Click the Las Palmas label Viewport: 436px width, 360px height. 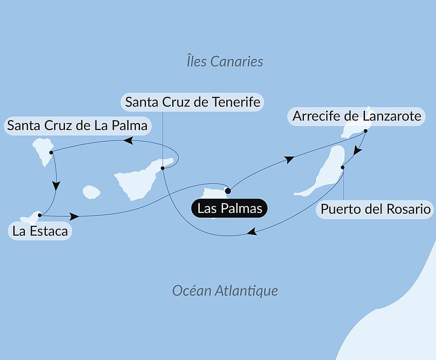pos(230,208)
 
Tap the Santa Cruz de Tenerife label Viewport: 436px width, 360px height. pos(192,102)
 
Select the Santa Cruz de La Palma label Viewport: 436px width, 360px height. pos(78,126)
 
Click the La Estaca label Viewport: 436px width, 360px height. pos(40,231)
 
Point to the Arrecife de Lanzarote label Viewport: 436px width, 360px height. pos(357,116)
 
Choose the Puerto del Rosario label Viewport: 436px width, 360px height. pos(375,209)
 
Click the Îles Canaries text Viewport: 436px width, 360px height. pos(225,61)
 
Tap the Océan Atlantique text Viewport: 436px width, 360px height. pos(225,290)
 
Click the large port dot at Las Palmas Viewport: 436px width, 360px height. pos(228,190)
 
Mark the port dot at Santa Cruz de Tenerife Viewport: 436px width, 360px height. pos(162,168)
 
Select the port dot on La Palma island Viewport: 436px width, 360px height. pos(51,152)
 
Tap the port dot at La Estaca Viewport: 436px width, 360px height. pos(40,215)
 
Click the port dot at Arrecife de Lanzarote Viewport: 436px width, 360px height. pos(366,130)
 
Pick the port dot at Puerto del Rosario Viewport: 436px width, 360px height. pos(343,167)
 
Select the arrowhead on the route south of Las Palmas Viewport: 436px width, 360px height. pos(252,233)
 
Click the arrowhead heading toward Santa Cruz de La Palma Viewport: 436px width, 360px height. pos(128,140)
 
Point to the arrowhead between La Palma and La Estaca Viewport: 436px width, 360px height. pos(56,186)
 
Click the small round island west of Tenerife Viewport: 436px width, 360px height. pos(92,192)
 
